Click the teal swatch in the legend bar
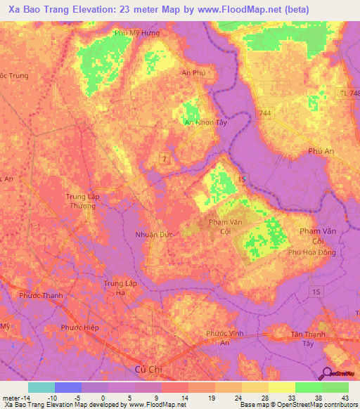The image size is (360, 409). pyautogui.click(x=41, y=387)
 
